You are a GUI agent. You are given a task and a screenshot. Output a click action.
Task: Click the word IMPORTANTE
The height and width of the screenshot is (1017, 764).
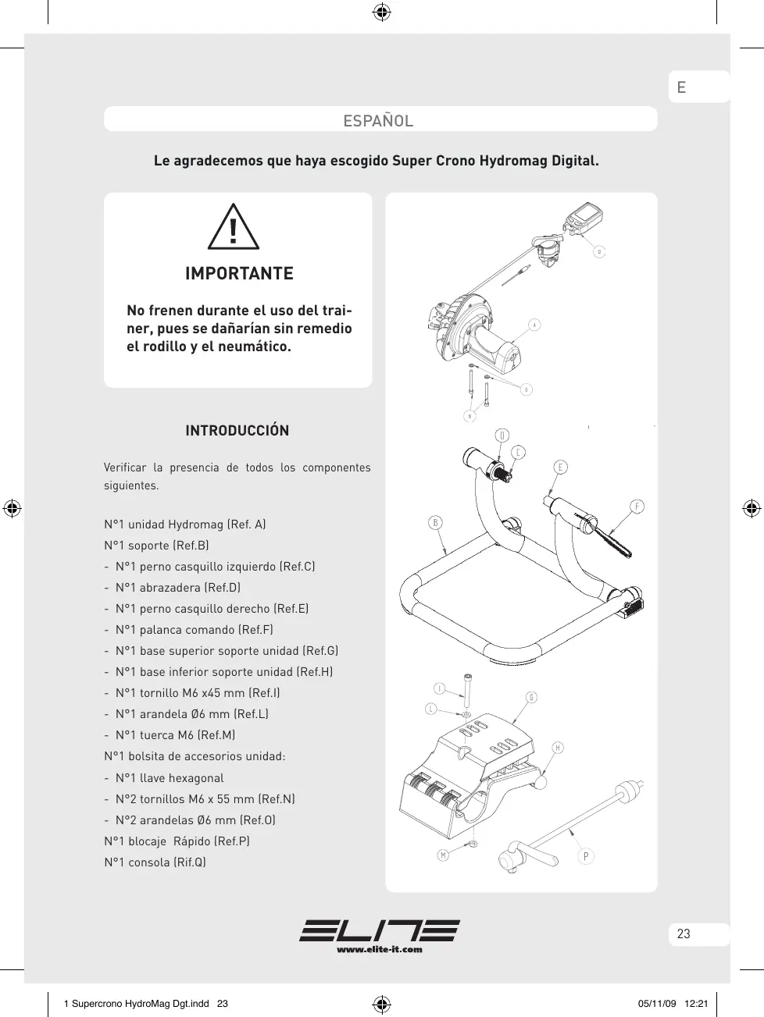239,274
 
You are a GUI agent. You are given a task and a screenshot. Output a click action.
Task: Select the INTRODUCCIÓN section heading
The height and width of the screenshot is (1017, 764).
237,431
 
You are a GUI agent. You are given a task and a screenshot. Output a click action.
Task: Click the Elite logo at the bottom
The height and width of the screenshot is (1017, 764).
380,930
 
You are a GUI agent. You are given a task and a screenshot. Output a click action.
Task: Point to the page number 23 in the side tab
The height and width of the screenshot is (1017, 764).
684,934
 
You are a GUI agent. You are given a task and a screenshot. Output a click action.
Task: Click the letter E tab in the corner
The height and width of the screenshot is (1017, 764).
681,87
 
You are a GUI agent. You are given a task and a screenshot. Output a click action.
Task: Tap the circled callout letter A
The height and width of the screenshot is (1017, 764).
534,325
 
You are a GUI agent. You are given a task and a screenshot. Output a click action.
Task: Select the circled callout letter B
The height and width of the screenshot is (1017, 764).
435,522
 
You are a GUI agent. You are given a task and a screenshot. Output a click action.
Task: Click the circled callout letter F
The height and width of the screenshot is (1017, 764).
637,507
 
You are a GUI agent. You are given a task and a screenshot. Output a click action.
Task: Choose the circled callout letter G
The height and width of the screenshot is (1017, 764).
531,697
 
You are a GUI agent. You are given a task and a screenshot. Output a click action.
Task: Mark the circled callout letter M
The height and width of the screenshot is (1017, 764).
443,855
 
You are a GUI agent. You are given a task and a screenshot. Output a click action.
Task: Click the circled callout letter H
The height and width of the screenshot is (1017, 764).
558,748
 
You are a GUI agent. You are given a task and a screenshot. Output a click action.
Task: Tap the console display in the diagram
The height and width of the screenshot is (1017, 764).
582,215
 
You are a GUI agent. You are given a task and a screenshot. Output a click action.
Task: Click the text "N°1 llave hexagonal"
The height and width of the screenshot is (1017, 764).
169,778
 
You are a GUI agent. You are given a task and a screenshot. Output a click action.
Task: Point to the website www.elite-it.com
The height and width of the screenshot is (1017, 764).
380,950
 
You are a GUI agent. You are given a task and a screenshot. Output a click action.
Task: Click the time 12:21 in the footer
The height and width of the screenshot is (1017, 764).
696,1004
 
